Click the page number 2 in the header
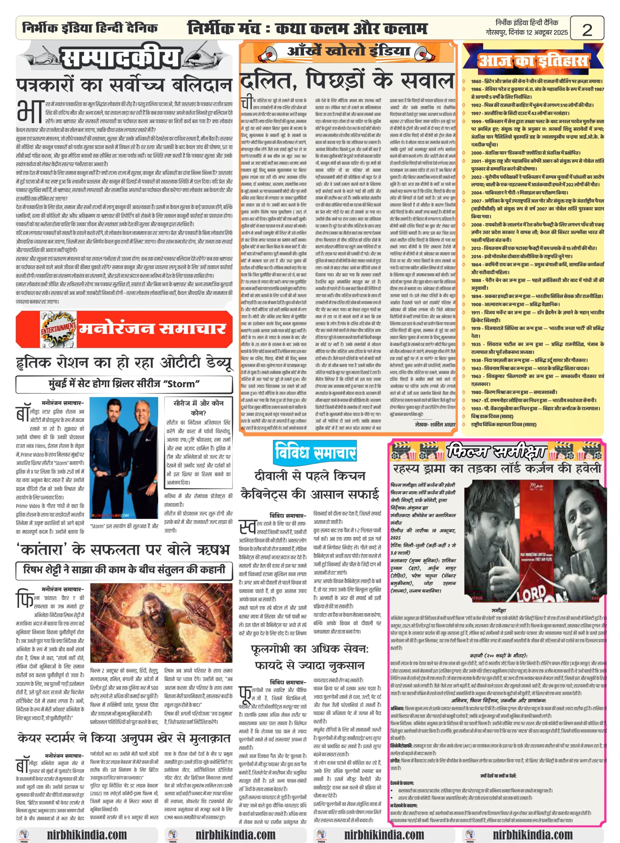(x=587, y=29)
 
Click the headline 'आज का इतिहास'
(x=532, y=61)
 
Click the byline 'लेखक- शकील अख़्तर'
(x=435, y=424)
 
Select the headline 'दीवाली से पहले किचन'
(x=310, y=476)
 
